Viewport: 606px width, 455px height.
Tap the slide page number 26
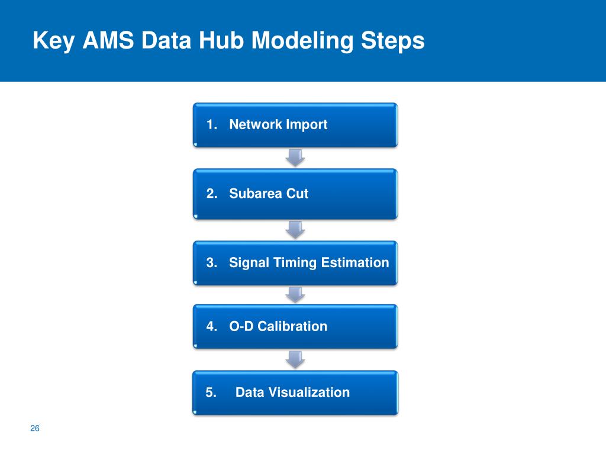[34, 429]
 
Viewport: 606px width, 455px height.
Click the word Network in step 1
[256, 124]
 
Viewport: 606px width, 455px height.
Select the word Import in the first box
[307, 124]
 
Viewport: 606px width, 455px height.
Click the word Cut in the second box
[298, 194]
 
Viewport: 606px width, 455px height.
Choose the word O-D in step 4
[241, 326]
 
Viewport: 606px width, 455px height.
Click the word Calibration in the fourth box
[292, 326]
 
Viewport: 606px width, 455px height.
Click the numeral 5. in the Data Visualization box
[211, 392]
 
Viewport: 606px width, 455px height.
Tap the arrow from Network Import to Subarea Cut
[295, 158]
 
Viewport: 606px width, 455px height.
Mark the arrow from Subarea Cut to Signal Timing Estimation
[295, 229]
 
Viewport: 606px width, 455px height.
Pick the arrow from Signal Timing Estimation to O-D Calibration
[295, 294]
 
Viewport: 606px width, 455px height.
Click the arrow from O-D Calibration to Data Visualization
[295, 359]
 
